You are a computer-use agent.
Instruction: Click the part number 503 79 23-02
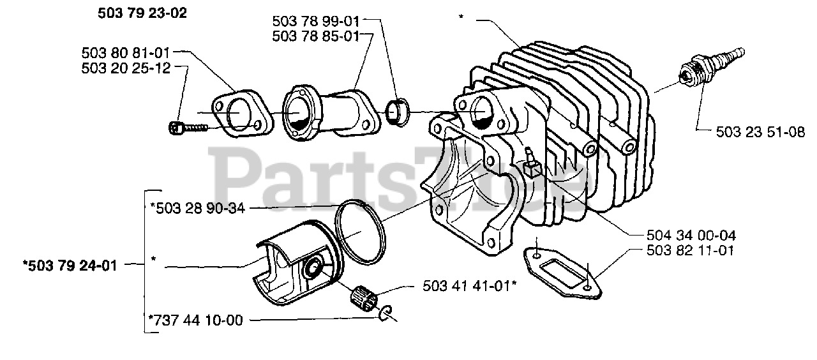(143, 13)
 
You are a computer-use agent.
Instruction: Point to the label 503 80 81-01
(126, 52)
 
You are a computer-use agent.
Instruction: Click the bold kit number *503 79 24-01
(70, 265)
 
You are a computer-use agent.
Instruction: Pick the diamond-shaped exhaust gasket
(564, 271)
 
